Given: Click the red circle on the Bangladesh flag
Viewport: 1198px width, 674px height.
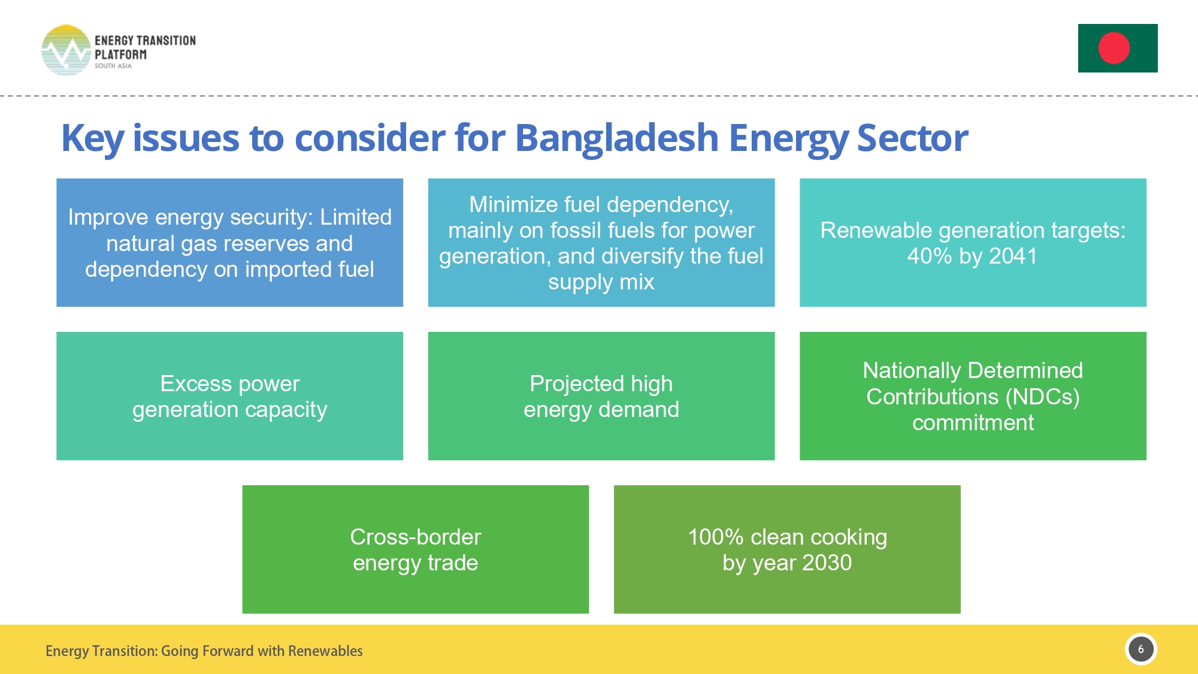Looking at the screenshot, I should (x=1114, y=48).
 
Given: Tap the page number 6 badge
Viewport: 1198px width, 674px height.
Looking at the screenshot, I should (x=1140, y=649).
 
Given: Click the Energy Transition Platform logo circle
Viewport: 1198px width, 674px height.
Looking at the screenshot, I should (x=66, y=50).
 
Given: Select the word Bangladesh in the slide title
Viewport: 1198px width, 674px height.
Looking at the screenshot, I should (x=616, y=138).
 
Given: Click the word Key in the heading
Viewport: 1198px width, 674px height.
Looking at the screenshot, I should (x=92, y=138).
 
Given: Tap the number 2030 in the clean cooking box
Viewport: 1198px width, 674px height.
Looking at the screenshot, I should (x=827, y=563).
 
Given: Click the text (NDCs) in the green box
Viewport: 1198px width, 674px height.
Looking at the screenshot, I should (x=1042, y=397).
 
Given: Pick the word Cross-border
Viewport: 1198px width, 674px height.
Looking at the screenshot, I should (x=415, y=537).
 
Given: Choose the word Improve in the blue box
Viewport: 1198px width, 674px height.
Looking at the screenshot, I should (x=108, y=217).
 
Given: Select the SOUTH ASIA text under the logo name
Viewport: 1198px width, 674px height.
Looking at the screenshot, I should (x=113, y=66).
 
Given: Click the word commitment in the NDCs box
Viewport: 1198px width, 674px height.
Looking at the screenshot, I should (x=973, y=423).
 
